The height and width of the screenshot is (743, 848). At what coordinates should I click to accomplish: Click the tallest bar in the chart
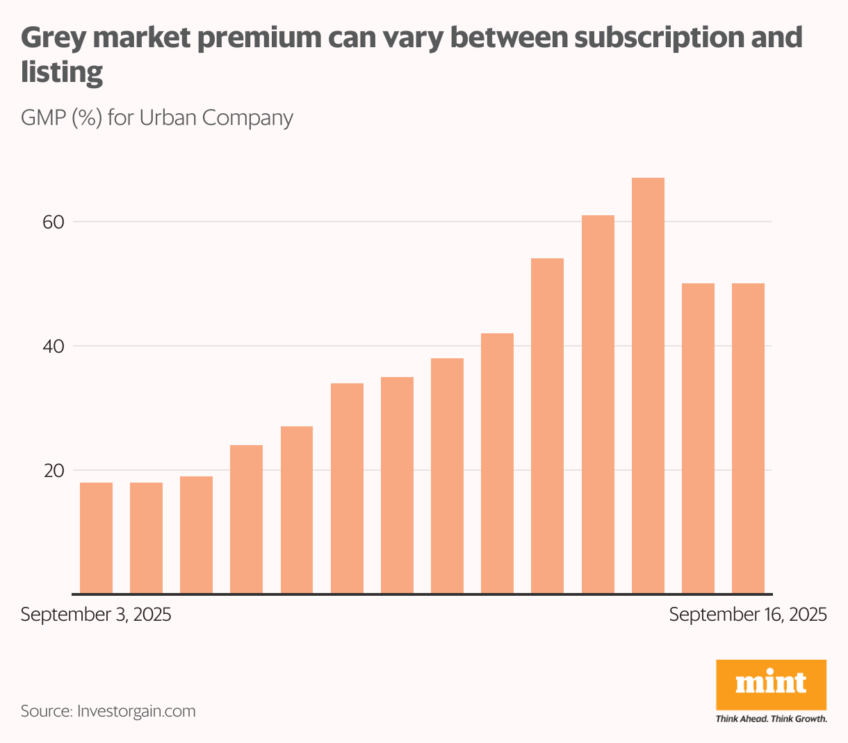click(648, 385)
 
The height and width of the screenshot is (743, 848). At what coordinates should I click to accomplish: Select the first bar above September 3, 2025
click(96, 538)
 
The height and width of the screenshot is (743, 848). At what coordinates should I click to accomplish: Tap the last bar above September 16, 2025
click(748, 438)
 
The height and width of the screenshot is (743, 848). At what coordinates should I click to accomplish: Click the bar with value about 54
click(547, 426)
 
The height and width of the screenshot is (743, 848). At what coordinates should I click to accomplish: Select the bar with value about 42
click(497, 463)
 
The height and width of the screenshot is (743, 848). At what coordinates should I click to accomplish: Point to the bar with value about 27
click(297, 510)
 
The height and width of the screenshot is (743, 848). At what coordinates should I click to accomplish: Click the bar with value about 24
click(246, 519)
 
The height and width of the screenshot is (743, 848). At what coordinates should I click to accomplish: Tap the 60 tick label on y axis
click(54, 222)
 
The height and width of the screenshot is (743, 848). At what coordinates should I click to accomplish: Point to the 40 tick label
click(54, 347)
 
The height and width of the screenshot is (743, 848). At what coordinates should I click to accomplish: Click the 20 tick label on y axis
click(54, 471)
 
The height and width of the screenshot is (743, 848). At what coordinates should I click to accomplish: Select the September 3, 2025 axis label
click(96, 615)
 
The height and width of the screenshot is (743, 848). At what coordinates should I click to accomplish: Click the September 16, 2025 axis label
click(748, 615)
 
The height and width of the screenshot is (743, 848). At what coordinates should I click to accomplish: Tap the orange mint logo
click(771, 684)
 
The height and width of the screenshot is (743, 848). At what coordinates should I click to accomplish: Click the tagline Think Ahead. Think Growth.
click(771, 719)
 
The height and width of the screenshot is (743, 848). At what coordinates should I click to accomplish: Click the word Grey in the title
click(52, 38)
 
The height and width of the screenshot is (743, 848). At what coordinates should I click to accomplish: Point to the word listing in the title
click(62, 72)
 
